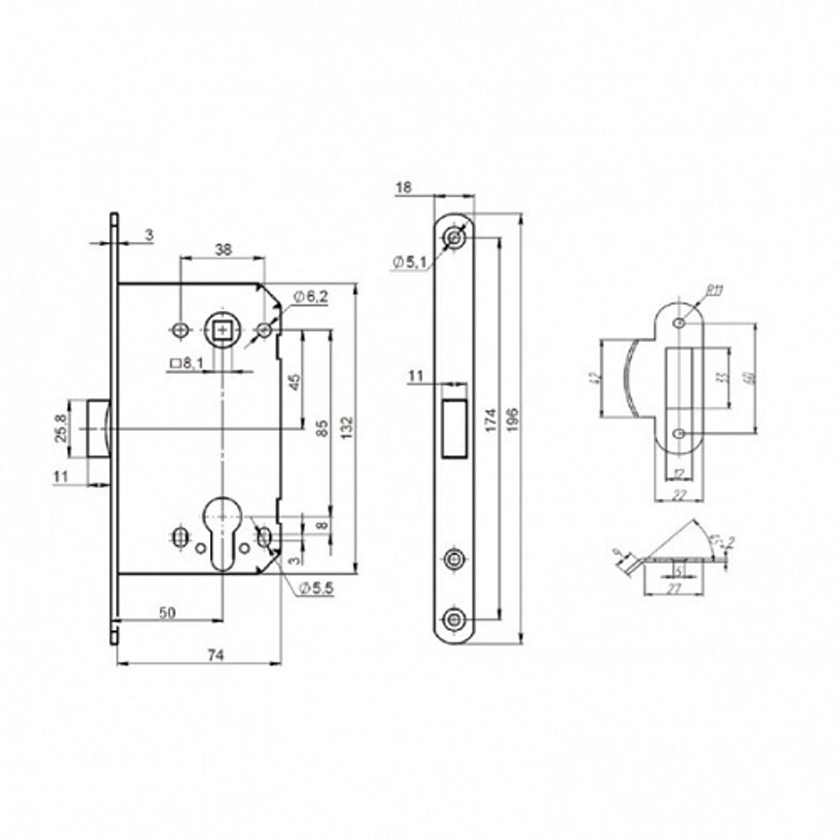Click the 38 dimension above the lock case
[x=222, y=249]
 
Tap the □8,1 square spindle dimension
[x=186, y=363]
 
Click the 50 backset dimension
[x=167, y=613]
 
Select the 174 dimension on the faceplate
[x=490, y=417]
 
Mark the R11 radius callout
[x=716, y=291]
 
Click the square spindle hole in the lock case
[x=222, y=329]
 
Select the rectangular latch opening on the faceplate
[x=454, y=428]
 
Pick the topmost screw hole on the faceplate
[x=454, y=238]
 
